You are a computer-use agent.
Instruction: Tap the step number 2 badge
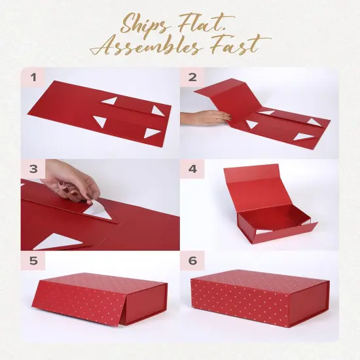point(192,77)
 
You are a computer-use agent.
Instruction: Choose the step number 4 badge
point(192,169)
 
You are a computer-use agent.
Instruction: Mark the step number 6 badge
point(192,261)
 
